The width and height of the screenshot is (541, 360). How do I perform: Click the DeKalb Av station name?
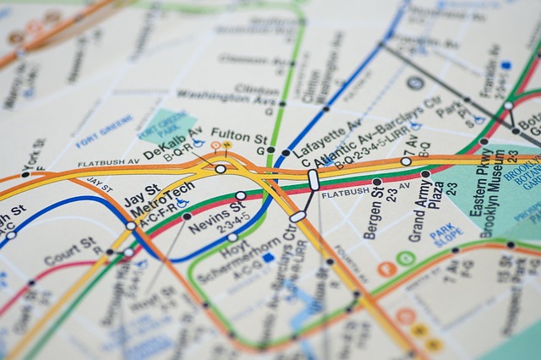(x=172, y=142)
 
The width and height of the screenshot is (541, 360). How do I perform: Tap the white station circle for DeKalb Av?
(x=221, y=169)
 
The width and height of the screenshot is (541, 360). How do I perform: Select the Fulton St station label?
(x=238, y=134)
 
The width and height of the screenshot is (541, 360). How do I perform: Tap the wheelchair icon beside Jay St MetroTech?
(x=182, y=204)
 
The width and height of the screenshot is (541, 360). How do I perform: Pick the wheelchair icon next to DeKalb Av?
(x=198, y=144)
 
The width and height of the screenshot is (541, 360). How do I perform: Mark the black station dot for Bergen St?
(x=377, y=182)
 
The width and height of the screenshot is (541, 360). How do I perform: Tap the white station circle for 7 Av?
(x=406, y=161)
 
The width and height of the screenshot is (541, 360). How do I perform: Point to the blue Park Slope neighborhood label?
(x=445, y=233)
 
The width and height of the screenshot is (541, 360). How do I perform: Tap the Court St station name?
(x=71, y=251)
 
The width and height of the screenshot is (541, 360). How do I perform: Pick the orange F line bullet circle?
(x=387, y=270)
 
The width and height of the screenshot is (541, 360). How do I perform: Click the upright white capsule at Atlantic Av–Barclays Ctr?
(x=314, y=180)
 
